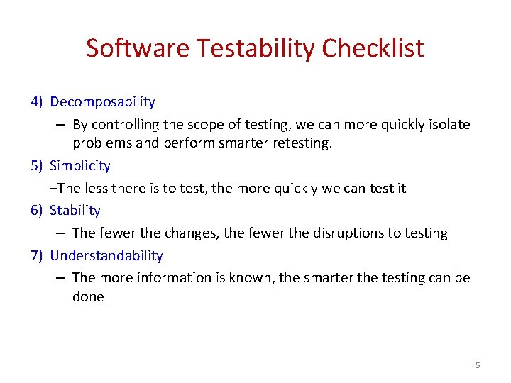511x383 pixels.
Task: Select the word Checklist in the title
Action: coord(373,48)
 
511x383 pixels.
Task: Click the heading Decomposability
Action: coord(102,103)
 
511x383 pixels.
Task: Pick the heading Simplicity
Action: coord(80,166)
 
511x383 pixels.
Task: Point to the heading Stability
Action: coord(75,211)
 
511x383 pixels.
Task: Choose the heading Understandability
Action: coord(106,255)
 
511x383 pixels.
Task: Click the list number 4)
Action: coord(38,103)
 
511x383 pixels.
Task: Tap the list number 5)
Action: coord(38,166)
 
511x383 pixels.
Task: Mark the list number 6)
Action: coord(38,211)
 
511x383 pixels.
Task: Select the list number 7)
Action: coord(38,255)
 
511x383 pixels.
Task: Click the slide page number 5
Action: coord(478,365)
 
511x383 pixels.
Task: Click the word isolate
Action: coord(447,125)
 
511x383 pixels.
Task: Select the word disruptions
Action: coord(323,233)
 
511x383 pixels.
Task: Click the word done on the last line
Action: coord(88,297)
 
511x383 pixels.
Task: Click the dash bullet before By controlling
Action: coord(60,125)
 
